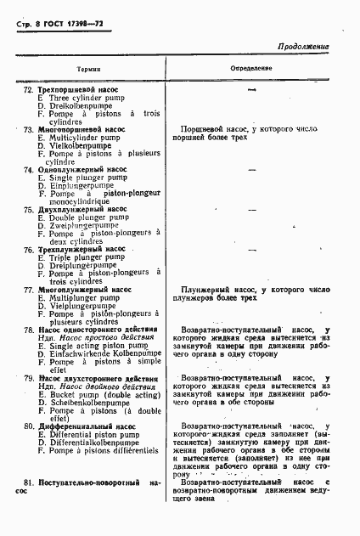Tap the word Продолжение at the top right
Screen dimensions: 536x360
303,48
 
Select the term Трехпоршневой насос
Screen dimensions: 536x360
77,89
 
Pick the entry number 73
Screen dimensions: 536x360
28,129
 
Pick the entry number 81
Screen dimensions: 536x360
29,482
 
